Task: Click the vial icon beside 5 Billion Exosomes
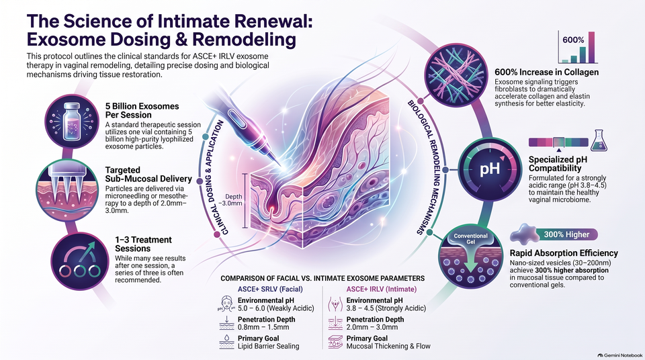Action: point(72,122)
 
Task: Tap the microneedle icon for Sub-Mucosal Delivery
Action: point(62,191)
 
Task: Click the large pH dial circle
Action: point(490,169)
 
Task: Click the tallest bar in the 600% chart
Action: point(591,47)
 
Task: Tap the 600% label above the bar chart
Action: point(573,40)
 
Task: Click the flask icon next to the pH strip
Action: point(599,140)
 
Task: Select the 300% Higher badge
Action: point(567,234)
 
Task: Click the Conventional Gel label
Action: point(470,238)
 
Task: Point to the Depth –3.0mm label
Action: point(234,200)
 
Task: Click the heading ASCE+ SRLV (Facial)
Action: point(270,289)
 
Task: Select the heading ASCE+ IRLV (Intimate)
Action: point(382,289)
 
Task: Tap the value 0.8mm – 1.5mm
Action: point(263,328)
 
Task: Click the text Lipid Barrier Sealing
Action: point(269,347)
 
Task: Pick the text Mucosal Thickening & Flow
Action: point(388,347)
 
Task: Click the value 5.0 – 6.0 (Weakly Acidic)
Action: point(276,308)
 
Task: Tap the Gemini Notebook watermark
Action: point(620,355)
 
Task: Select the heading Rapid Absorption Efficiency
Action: point(564,253)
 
